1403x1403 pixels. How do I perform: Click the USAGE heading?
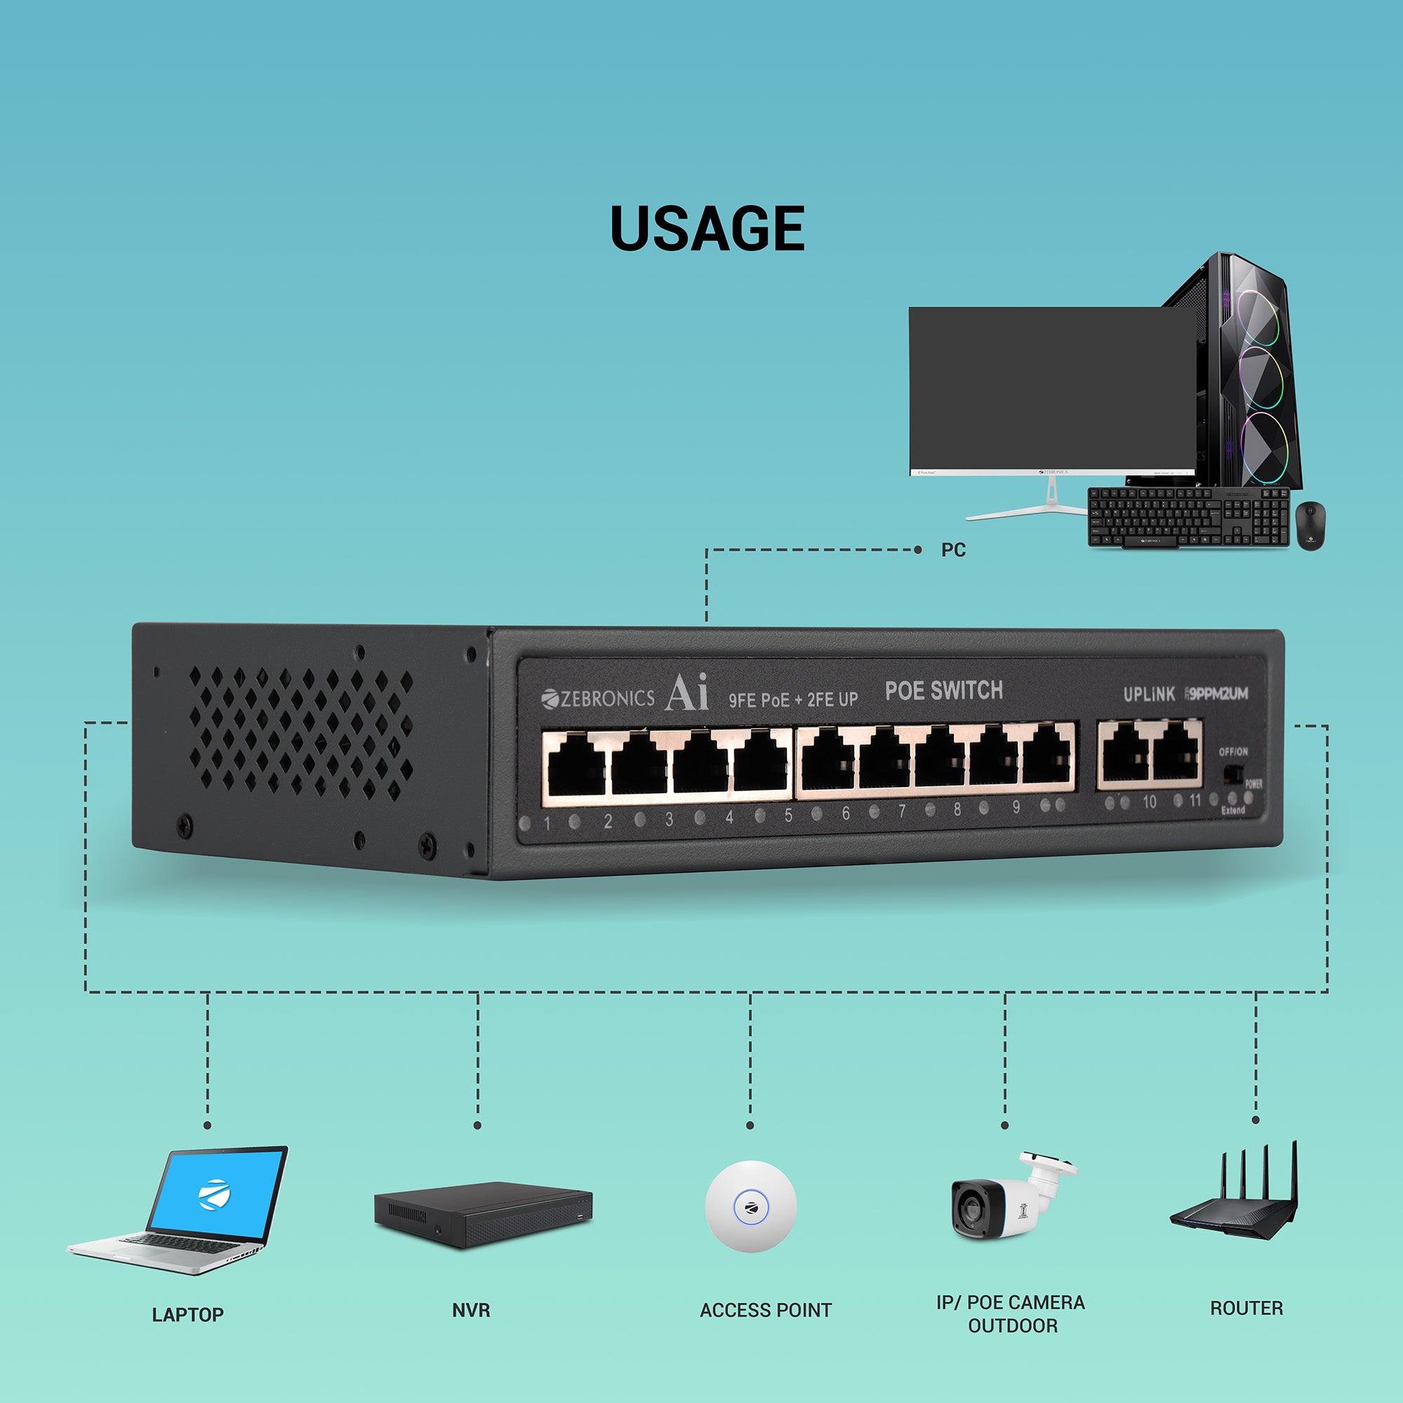(706, 228)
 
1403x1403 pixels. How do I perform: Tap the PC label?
(953, 550)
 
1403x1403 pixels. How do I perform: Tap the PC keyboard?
(1188, 517)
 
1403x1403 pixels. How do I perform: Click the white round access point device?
(750, 1206)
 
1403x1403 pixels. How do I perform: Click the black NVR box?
(482, 1214)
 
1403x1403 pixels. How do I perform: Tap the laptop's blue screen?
(216, 1194)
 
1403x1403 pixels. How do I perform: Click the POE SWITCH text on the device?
(944, 690)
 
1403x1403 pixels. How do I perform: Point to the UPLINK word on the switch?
(1148, 694)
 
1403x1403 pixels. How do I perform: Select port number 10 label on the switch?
(1149, 802)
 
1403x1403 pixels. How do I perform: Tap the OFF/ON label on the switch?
(1233, 751)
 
